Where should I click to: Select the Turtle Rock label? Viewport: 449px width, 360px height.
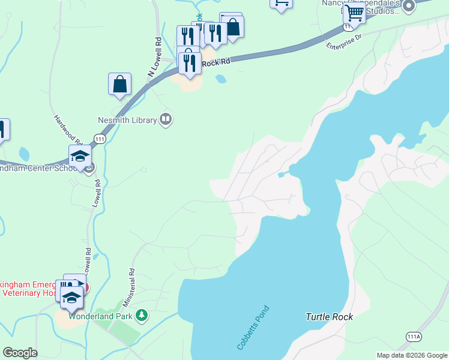click(329, 316)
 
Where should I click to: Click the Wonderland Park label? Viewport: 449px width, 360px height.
click(101, 315)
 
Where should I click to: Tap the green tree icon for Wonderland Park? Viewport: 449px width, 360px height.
click(142, 314)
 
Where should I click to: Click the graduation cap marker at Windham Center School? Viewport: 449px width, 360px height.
click(80, 157)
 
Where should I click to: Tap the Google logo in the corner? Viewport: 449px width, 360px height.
click(20, 353)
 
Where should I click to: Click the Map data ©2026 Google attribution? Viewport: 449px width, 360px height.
click(412, 355)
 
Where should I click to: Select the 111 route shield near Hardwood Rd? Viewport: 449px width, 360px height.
click(100, 139)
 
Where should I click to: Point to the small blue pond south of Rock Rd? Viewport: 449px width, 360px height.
click(221, 79)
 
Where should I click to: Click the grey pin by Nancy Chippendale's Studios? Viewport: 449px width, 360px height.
click(409, 7)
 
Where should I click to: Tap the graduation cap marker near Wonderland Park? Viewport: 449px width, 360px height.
click(71, 298)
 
